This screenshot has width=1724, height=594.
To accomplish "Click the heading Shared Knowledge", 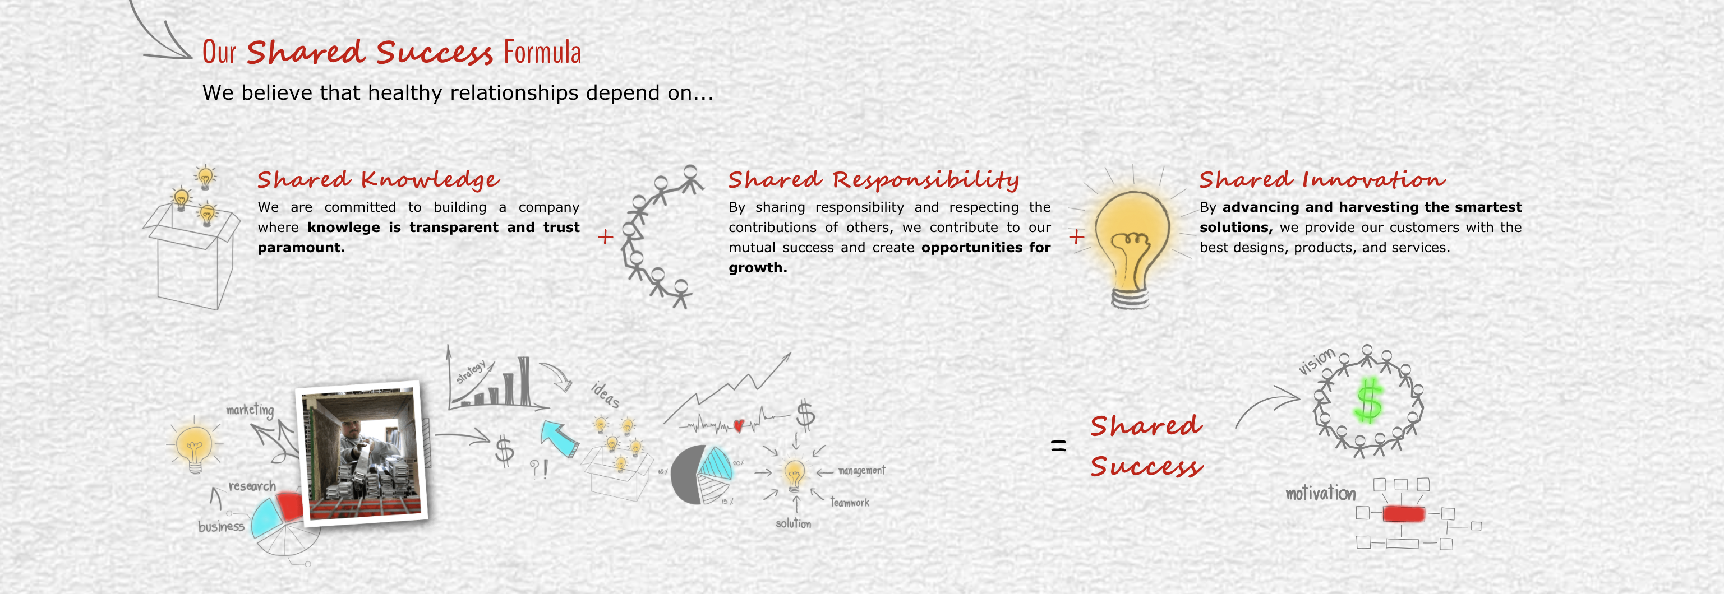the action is [378, 179].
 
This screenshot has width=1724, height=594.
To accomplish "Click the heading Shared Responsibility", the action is [873, 179].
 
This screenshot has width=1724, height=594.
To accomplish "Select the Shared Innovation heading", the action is [1322, 179].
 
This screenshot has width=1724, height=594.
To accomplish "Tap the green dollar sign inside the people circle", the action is [1367, 400].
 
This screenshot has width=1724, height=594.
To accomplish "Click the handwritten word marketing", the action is [250, 410].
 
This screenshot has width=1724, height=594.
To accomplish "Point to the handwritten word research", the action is [252, 486].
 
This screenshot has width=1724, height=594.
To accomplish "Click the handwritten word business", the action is [221, 526].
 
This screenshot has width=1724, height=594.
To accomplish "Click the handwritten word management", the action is [861, 470].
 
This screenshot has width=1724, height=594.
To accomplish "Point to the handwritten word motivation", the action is [1320, 493].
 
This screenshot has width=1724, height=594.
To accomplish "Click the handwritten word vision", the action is [1316, 361].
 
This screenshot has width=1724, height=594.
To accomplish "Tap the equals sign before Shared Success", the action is [1058, 445].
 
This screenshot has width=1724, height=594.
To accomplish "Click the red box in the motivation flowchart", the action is [1403, 514].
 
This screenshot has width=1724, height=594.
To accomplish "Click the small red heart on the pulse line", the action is [739, 425].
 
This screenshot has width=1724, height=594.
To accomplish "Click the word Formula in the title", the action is [542, 53].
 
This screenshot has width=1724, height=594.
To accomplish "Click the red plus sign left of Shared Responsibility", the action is [606, 237].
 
